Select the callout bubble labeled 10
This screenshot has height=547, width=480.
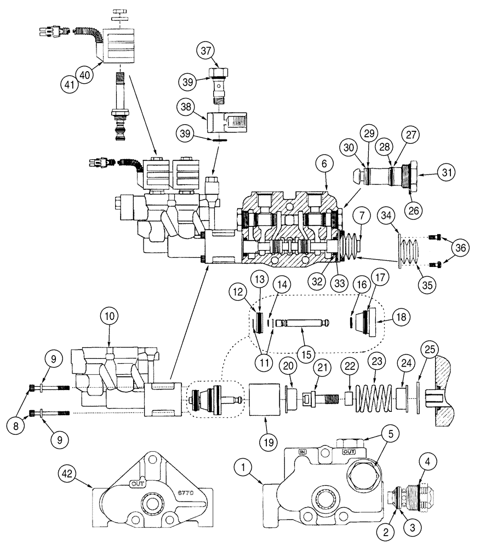(x=108, y=317)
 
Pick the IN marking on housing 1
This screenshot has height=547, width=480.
(x=301, y=452)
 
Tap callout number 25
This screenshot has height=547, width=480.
(x=429, y=348)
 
